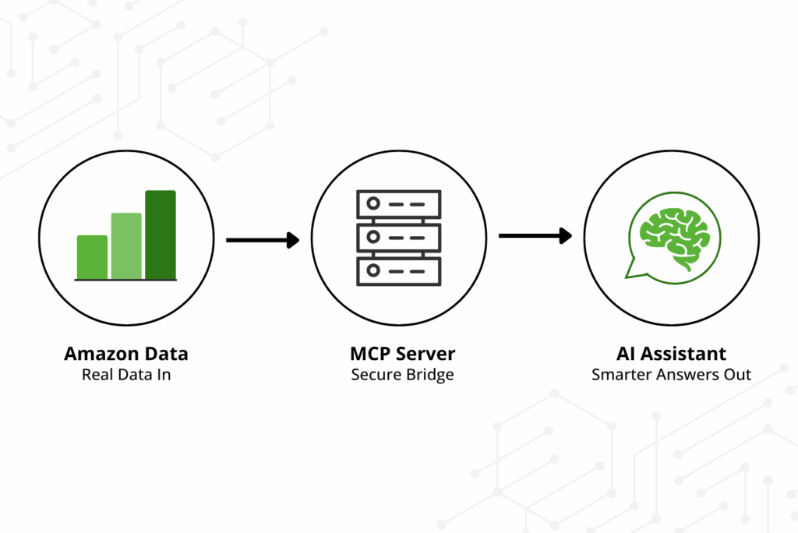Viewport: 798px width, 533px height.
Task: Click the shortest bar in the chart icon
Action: coord(92,256)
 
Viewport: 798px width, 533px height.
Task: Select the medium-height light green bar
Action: coord(126,245)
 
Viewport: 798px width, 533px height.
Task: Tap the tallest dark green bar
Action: coord(161,234)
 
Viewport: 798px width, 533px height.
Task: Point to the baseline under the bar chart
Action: coord(126,280)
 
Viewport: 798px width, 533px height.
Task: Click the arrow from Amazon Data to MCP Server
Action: coord(263,240)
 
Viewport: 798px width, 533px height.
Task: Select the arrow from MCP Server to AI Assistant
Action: coord(535,235)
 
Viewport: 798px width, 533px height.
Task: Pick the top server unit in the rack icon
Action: coord(398,204)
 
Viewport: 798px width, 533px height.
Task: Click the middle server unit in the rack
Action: coord(398,237)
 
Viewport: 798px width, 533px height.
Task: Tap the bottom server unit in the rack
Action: coord(398,270)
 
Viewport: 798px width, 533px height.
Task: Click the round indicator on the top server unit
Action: coord(373,204)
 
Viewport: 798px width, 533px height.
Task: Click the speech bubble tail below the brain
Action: coord(635,270)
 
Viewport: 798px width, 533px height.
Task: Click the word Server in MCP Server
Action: coord(426,354)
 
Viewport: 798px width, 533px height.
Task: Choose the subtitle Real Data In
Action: coord(126,375)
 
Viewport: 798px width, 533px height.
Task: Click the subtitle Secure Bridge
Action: coord(402,375)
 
